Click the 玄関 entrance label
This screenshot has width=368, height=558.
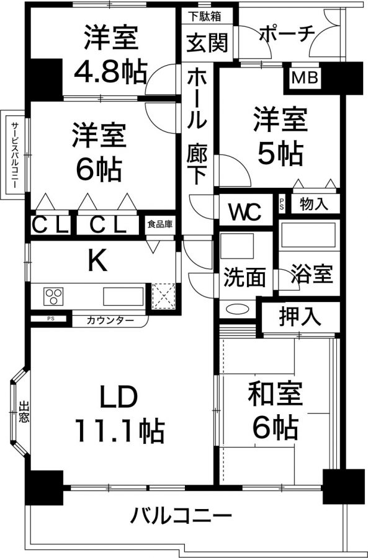[207, 43]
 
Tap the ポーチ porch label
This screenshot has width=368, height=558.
[287, 33]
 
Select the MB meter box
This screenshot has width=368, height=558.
[304, 77]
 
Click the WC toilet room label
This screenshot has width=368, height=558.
[246, 212]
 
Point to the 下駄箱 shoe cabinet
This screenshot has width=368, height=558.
[205, 16]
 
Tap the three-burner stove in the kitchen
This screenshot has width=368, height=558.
[53, 296]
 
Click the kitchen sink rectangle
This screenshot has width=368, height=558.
[123, 296]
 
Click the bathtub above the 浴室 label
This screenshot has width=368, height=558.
[308, 234]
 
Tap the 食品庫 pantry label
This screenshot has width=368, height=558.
[160, 224]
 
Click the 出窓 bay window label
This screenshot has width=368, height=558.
[24, 412]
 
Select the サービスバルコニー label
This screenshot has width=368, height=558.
[15, 155]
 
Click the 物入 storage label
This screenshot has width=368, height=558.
[313, 204]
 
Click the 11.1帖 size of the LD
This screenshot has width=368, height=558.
[120, 431]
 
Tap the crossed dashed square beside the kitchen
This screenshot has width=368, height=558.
[164, 296]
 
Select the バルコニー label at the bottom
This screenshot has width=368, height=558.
[181, 515]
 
